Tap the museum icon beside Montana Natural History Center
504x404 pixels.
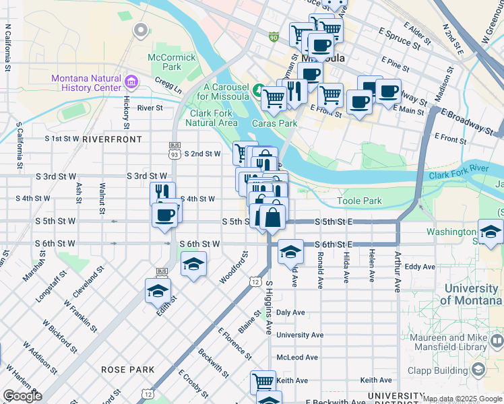pos(131,83)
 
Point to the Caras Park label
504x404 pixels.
pos(274,123)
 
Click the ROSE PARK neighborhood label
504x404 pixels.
pos(127,370)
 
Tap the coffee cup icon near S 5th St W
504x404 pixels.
pos(164,216)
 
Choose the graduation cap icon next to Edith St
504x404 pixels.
pos(158,291)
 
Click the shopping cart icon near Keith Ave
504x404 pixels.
pos(263,382)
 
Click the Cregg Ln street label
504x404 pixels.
pos(169,88)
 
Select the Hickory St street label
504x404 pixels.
pos(126,111)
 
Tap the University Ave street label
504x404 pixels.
pos(300,335)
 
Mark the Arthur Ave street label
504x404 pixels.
pos(398,273)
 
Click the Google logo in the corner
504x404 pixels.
pos(22,396)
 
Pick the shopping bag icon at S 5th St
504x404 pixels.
pos(272,218)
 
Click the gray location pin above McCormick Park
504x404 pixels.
pos(141,30)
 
